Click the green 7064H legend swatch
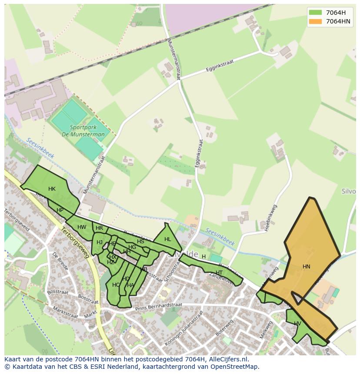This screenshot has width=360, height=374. (315, 13)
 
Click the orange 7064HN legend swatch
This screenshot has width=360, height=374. (315, 21)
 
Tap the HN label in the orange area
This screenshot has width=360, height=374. (307, 267)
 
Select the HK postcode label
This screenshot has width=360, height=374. (52, 189)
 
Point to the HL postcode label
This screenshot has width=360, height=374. (168, 239)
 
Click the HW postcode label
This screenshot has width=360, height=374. (82, 227)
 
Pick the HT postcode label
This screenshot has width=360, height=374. (219, 273)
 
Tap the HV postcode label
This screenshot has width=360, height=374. (297, 324)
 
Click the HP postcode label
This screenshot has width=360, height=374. (60, 210)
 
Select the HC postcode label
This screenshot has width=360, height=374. (116, 285)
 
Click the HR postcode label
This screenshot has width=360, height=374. (99, 228)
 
